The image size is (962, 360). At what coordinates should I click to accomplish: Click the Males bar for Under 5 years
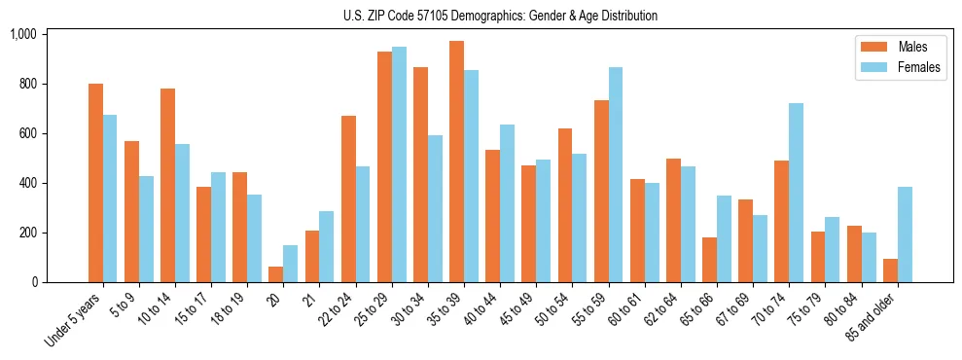(x=95, y=183)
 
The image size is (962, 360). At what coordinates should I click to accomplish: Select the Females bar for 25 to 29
(x=399, y=164)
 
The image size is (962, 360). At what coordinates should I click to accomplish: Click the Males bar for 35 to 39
(x=456, y=162)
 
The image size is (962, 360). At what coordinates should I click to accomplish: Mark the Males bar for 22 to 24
(x=348, y=199)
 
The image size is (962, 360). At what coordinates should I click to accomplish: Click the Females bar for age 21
(x=327, y=247)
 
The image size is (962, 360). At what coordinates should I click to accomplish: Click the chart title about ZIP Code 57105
(x=500, y=16)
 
